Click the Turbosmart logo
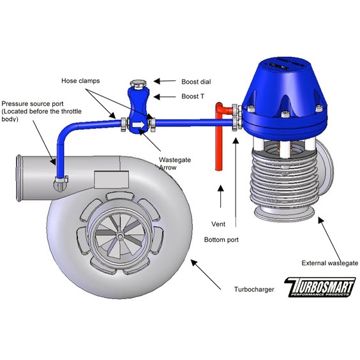point(320,287)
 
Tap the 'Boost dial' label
point(196,82)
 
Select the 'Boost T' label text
point(193,96)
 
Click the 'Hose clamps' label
point(80,81)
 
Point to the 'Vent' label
point(218,224)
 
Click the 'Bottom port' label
point(221,240)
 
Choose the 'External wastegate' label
point(330,263)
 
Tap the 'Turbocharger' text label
point(254,289)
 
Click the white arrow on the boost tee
point(139,125)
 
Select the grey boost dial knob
point(139,83)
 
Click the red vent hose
point(219,135)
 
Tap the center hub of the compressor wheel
point(119,236)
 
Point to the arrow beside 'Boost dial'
point(165,81)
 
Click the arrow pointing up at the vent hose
point(220,197)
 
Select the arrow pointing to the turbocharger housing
point(206,274)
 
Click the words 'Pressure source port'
point(33,104)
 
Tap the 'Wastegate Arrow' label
point(175,163)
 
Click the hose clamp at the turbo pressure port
point(61,179)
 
